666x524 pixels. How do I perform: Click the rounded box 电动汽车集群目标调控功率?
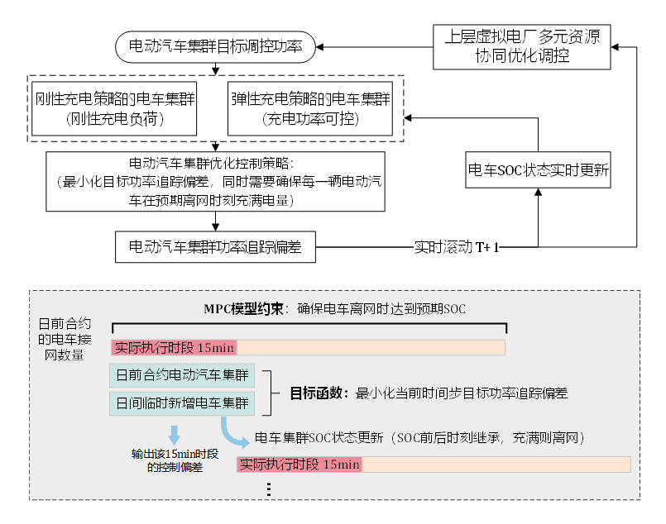[216, 48]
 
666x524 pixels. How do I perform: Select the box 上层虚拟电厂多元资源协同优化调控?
[522, 47]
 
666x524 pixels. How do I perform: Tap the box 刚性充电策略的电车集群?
[114, 109]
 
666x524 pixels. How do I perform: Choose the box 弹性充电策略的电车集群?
[309, 109]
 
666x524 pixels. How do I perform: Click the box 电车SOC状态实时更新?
[539, 170]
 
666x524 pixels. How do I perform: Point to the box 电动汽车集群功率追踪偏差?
[215, 246]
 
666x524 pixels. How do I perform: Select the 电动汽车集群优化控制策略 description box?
[215, 180]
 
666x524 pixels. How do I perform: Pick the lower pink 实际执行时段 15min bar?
[299, 464]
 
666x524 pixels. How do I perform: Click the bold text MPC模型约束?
[239, 309]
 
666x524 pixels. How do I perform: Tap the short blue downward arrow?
[174, 434]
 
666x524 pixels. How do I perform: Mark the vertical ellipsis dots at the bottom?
[270, 488]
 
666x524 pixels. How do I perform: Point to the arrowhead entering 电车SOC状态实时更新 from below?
[539, 193]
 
